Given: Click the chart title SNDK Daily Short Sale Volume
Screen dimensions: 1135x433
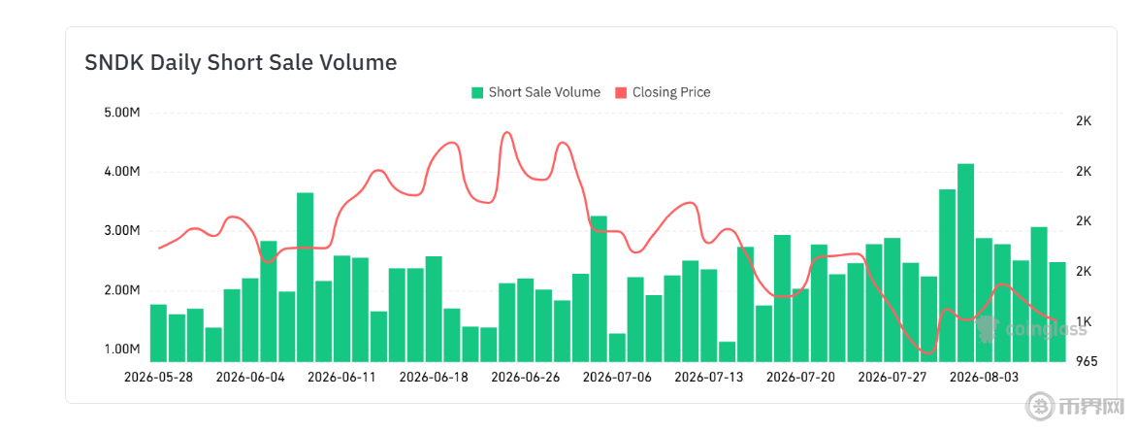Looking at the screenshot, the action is [241, 63].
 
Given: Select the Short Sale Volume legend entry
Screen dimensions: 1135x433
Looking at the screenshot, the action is [535, 92].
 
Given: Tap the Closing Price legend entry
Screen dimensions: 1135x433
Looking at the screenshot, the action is [663, 92].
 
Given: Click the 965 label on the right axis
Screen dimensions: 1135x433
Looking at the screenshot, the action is [1087, 361].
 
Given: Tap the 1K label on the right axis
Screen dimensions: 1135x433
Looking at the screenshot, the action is [1084, 321].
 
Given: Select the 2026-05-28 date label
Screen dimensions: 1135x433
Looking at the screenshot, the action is [158, 378].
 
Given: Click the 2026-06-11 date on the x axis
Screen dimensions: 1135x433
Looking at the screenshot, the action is [341, 378].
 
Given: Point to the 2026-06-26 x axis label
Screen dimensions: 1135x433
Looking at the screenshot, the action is [525, 378].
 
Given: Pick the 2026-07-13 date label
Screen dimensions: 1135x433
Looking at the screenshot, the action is [709, 378].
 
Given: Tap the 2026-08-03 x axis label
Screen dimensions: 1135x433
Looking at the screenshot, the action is [983, 378].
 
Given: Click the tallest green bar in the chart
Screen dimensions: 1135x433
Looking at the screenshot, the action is [965, 263].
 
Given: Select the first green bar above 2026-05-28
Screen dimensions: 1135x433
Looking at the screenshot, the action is [158, 333].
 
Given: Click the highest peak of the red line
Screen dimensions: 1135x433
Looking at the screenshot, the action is [506, 133].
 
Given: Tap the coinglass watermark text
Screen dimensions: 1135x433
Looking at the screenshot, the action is [1046, 330].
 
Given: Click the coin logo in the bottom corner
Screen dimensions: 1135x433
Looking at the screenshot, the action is [1041, 419].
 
